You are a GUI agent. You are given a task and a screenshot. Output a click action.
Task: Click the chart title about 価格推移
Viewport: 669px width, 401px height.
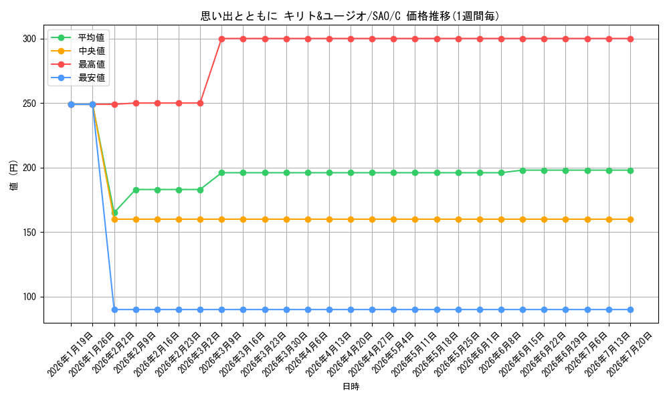(x=350, y=16)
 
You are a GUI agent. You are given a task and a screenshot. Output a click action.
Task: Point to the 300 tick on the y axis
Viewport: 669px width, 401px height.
(x=29, y=39)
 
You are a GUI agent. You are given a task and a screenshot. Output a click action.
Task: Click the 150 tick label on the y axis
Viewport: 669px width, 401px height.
(x=29, y=233)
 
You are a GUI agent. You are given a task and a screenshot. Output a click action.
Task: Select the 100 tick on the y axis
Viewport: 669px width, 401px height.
(x=29, y=297)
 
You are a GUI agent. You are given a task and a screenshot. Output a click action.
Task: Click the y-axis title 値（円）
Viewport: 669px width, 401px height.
(x=14, y=174)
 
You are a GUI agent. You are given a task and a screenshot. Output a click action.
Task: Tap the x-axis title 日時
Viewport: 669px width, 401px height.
(x=351, y=386)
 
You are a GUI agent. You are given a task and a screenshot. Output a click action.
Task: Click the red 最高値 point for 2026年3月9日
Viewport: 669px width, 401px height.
(x=222, y=39)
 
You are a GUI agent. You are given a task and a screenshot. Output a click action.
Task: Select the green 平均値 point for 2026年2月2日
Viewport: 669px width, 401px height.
(x=114, y=213)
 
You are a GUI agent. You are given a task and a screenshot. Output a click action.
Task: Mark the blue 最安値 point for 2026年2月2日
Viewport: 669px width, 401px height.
(x=114, y=310)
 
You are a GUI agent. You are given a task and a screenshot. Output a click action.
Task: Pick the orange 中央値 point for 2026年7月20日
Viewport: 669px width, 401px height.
(x=630, y=219)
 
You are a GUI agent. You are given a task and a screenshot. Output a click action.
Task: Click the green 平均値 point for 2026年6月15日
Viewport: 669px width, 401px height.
(x=522, y=170)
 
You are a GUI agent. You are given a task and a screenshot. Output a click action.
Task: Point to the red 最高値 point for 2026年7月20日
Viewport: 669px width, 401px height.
(x=630, y=39)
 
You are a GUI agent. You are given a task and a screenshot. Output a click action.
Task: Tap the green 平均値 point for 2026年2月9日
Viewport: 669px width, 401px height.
(x=136, y=190)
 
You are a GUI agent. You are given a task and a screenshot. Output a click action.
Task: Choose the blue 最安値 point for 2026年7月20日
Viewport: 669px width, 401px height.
(x=630, y=310)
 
